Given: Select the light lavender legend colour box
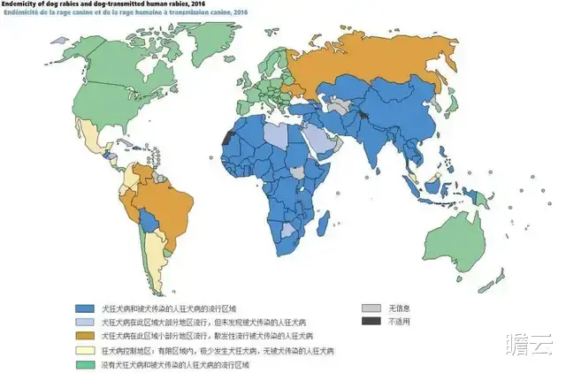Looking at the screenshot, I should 85,323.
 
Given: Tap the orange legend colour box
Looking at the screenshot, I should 85,337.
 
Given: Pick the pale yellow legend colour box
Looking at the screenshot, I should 85,351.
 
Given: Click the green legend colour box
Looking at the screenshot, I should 85,364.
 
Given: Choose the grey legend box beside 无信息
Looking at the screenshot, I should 369,308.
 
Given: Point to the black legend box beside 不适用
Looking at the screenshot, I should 369,321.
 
